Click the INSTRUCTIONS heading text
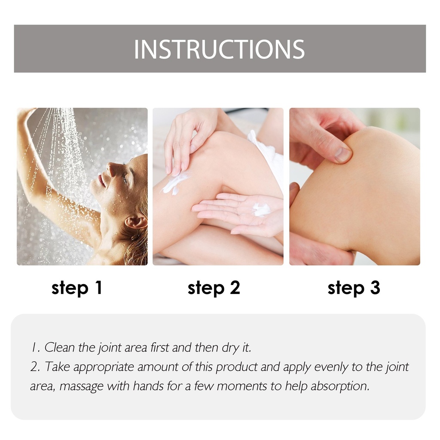(x=220, y=49)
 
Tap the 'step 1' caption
(x=77, y=288)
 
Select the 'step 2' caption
(x=214, y=288)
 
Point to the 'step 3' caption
(x=354, y=288)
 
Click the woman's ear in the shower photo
(x=135, y=222)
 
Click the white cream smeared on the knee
(x=174, y=184)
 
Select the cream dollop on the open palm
(x=261, y=210)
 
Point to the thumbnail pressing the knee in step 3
(x=343, y=154)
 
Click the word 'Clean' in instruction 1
(x=60, y=347)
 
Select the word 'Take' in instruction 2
(x=57, y=367)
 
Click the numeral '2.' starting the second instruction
(x=35, y=367)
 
